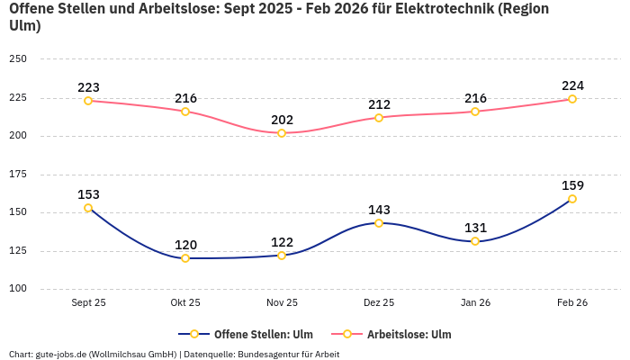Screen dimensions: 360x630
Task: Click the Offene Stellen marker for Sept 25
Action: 88,208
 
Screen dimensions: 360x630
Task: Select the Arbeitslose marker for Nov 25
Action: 282,133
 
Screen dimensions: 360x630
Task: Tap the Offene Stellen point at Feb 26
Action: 571,199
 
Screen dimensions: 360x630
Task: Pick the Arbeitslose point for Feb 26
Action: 571,99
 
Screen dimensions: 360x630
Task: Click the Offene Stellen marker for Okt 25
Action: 185,258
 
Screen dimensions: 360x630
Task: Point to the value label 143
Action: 379,210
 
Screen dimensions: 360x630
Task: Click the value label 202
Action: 282,120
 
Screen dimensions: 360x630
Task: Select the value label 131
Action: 475,228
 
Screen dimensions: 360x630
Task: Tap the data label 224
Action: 571,85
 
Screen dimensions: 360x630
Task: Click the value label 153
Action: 88,194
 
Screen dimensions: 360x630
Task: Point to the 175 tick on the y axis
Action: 18,175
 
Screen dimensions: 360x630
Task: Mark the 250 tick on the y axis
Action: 18,59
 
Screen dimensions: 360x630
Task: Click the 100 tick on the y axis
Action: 18,289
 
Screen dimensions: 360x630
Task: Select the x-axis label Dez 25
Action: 379,303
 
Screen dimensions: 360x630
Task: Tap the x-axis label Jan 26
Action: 475,303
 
